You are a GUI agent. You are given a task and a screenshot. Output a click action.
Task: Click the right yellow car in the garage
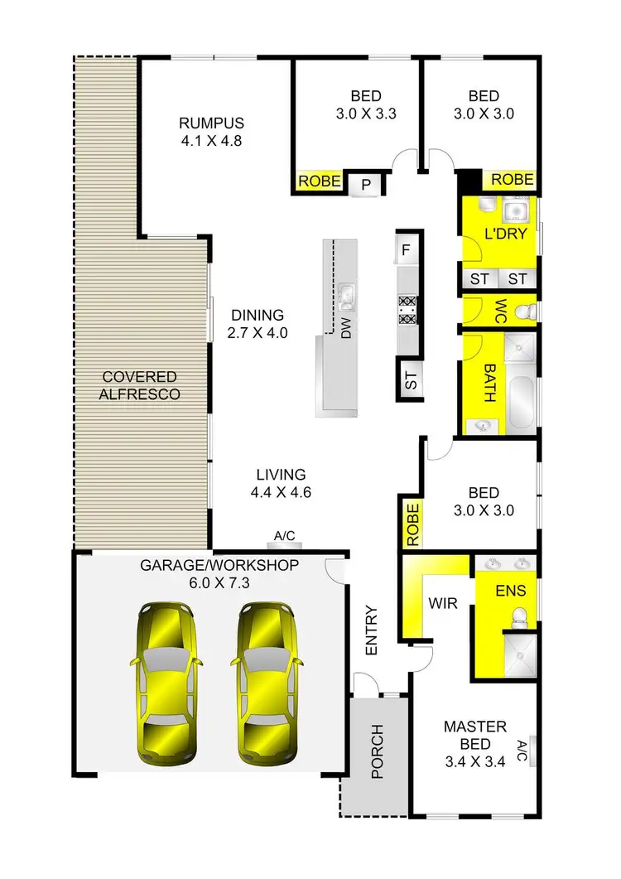(267, 683)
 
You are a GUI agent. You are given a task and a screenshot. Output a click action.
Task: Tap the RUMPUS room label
(211, 124)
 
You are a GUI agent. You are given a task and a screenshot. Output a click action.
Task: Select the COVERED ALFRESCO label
(139, 386)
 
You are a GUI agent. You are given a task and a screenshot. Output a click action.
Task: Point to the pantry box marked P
(365, 185)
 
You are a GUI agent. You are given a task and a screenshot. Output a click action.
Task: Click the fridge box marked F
(406, 249)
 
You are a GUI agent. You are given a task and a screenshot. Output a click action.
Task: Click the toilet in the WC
(522, 312)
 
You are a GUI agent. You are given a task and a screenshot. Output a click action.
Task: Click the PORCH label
(377, 752)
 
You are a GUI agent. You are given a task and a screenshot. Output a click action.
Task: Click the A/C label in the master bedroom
(522, 752)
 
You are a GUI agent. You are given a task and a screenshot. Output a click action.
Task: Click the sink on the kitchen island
(346, 293)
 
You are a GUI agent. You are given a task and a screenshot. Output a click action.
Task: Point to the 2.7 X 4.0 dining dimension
(258, 333)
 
